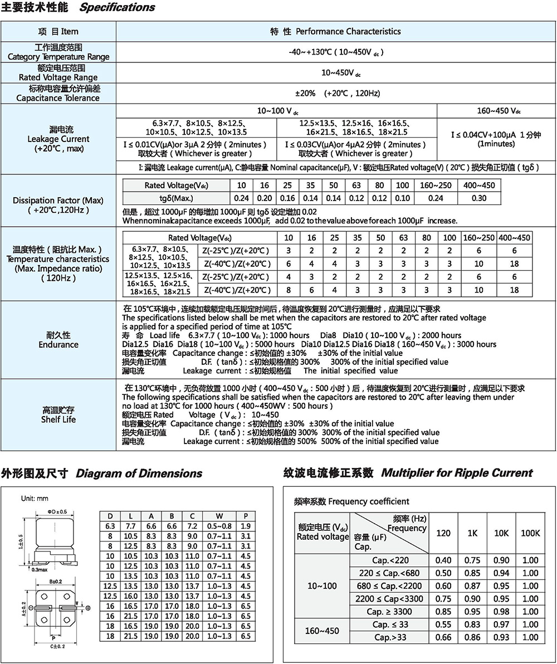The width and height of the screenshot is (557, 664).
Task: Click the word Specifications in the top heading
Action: point(117,8)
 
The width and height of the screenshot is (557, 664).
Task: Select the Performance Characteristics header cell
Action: point(335,31)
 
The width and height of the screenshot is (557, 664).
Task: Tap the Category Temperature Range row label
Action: point(58,57)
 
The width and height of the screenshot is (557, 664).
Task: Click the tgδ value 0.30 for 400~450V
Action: point(478,198)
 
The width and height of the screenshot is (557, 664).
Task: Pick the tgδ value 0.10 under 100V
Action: point(402,198)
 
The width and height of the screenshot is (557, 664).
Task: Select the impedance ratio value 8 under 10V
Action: point(288,290)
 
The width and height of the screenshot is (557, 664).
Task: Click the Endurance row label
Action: point(58,344)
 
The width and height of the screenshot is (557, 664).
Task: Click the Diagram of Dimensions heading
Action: point(139,473)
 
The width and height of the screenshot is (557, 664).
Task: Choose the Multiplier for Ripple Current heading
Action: point(457,473)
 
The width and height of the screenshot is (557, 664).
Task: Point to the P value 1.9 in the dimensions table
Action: point(246,526)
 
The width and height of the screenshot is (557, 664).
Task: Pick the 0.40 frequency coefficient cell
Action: point(443,560)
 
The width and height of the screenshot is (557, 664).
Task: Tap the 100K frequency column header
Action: point(530,533)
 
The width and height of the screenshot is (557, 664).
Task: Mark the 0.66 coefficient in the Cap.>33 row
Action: point(443,637)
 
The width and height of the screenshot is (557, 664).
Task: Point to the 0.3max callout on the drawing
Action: point(39,569)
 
